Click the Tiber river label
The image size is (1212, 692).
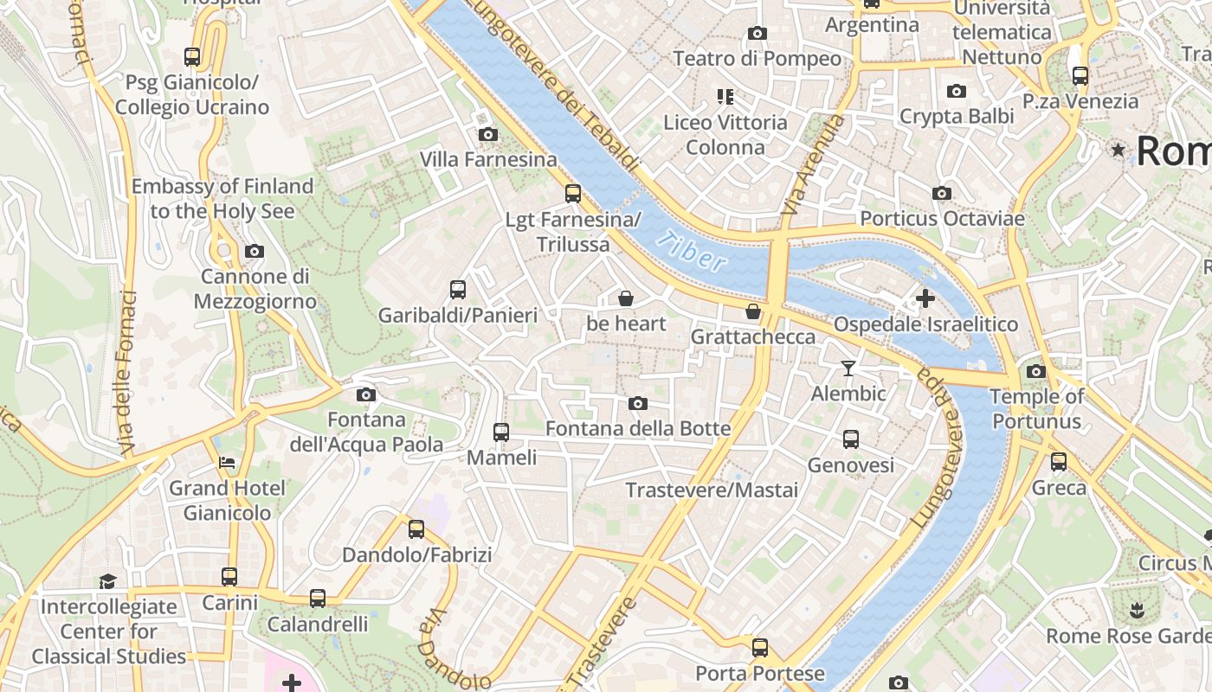pyautogui.click(x=690, y=252)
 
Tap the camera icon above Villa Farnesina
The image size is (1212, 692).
pyautogui.click(x=488, y=134)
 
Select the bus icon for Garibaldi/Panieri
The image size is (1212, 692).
pyautogui.click(x=458, y=290)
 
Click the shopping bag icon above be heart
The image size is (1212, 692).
pyautogui.click(x=625, y=298)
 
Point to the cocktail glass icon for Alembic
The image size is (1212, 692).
pyautogui.click(x=848, y=368)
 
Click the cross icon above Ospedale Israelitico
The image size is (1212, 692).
pyautogui.click(x=925, y=298)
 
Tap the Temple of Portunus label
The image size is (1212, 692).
pyautogui.click(x=1036, y=409)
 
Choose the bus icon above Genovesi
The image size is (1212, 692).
pyautogui.click(x=851, y=439)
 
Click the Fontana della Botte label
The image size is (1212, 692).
pyautogui.click(x=638, y=429)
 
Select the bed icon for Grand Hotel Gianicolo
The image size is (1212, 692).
pyautogui.click(x=227, y=462)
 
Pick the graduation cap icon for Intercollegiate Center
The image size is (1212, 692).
pyautogui.click(x=107, y=580)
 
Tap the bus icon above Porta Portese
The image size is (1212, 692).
pyautogui.click(x=760, y=647)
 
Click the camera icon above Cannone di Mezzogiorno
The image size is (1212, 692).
pyautogui.click(x=255, y=251)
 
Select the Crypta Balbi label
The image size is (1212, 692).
pyautogui.click(x=956, y=116)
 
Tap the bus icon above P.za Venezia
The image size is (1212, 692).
pyautogui.click(x=1080, y=75)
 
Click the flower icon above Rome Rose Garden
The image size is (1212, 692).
pyautogui.click(x=1134, y=611)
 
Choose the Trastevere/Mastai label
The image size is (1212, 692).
pyautogui.click(x=712, y=490)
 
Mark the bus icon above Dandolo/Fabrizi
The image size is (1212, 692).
pyautogui.click(x=416, y=529)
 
